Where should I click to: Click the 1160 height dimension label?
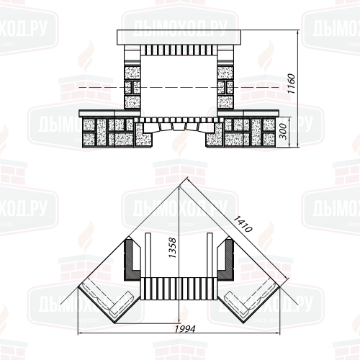291,84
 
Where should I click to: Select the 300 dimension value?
284,131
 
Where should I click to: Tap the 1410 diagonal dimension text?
243,224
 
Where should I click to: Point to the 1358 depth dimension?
172,248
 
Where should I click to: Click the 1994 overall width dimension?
185,328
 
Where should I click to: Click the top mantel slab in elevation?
179,37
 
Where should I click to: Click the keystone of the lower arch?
179,127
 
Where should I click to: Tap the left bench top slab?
109,113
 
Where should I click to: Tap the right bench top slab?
248,113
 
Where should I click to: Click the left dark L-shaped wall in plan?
132,261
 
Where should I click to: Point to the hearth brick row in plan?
179,289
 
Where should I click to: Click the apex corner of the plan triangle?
179,186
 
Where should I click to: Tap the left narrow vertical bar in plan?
148,255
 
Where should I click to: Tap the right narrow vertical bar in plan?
210,255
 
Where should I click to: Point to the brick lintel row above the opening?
179,50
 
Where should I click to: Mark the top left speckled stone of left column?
132,72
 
